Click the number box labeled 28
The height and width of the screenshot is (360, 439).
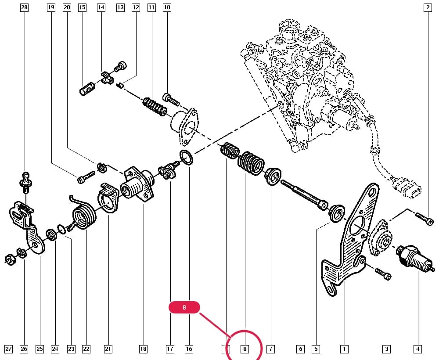coord(24,7)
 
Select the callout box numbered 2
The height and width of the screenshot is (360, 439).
coord(428,7)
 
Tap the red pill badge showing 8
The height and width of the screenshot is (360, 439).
coord(184,307)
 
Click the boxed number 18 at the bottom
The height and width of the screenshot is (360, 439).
coord(143,349)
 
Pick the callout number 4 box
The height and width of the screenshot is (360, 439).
coord(417,349)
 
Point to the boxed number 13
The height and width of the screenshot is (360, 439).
coord(120,7)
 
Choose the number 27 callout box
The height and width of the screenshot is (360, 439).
coord(9,349)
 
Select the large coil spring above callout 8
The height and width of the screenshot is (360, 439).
coord(251,163)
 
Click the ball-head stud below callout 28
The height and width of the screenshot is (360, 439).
coord(26,183)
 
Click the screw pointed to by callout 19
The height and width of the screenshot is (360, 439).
coord(86,177)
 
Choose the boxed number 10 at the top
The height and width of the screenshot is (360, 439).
coord(167,7)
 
